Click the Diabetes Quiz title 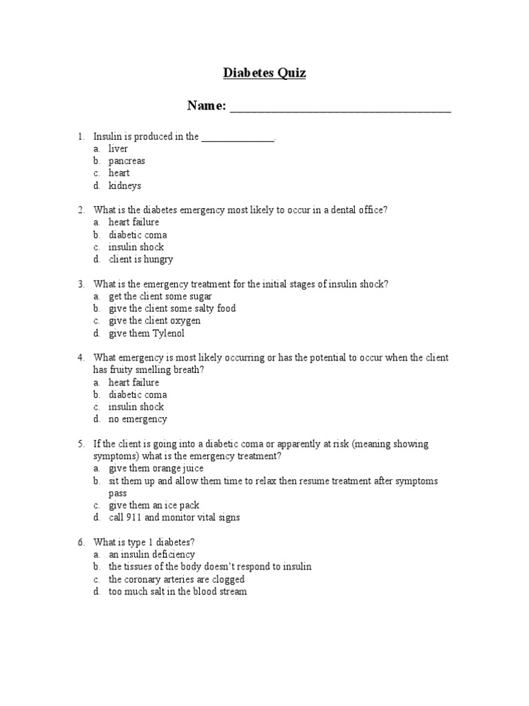[x=264, y=73]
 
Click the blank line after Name [x=340, y=108]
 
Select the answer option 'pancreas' [x=127, y=161]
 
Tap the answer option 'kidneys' [x=125, y=185]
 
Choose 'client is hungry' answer [x=141, y=259]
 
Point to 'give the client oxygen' [x=154, y=321]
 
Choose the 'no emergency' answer [x=138, y=419]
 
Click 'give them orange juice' [x=156, y=468]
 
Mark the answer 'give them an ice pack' [x=154, y=505]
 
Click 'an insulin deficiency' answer [x=152, y=554]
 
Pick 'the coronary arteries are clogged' [x=176, y=579]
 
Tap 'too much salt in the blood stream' [x=177, y=592]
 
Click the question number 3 [x=81, y=284]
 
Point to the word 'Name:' [x=207, y=105]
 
